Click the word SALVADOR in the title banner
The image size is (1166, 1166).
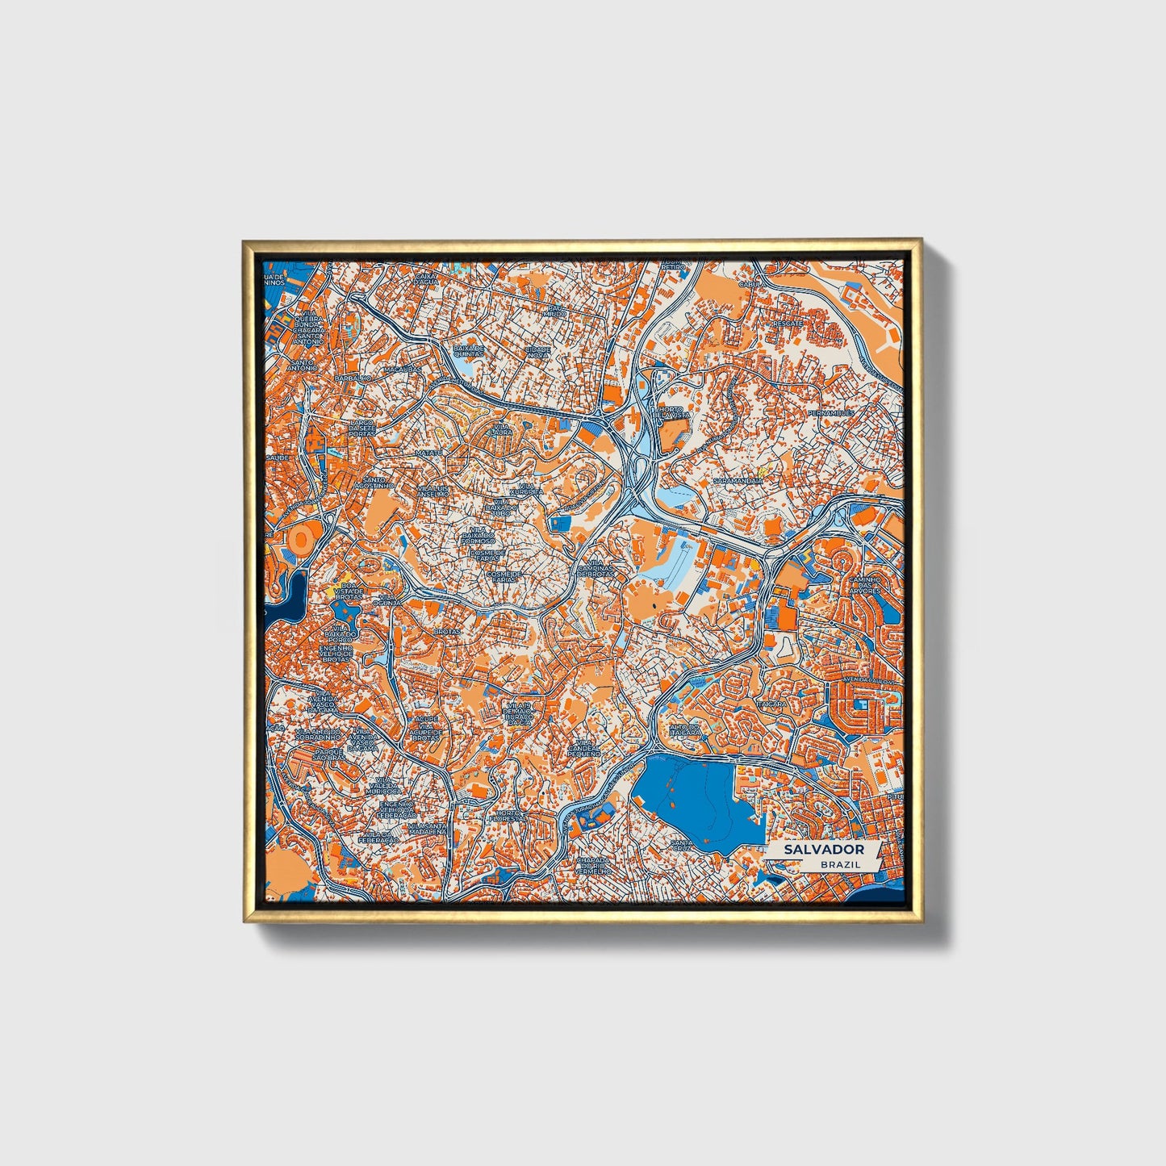click(x=823, y=850)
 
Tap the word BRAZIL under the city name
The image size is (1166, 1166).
click(x=840, y=864)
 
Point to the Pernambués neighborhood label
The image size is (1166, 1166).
click(x=830, y=413)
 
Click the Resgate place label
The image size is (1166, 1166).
click(x=788, y=324)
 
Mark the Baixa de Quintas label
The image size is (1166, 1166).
click(x=469, y=351)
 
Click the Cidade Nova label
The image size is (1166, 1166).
click(x=538, y=352)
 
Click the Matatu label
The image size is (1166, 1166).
click(x=429, y=453)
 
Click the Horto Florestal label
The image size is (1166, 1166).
click(x=508, y=817)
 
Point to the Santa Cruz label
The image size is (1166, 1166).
click(x=681, y=846)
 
